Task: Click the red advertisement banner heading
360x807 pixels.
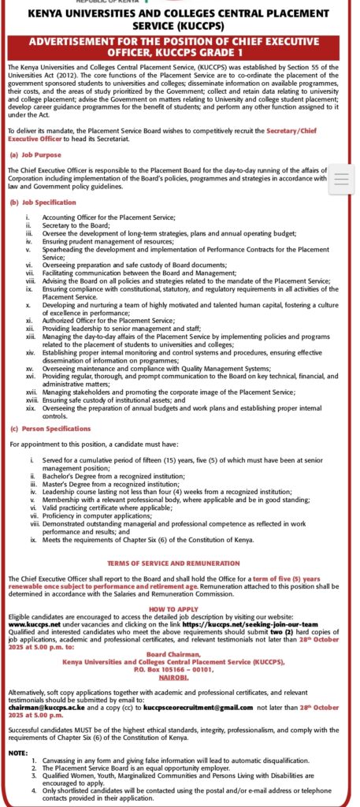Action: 180,46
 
